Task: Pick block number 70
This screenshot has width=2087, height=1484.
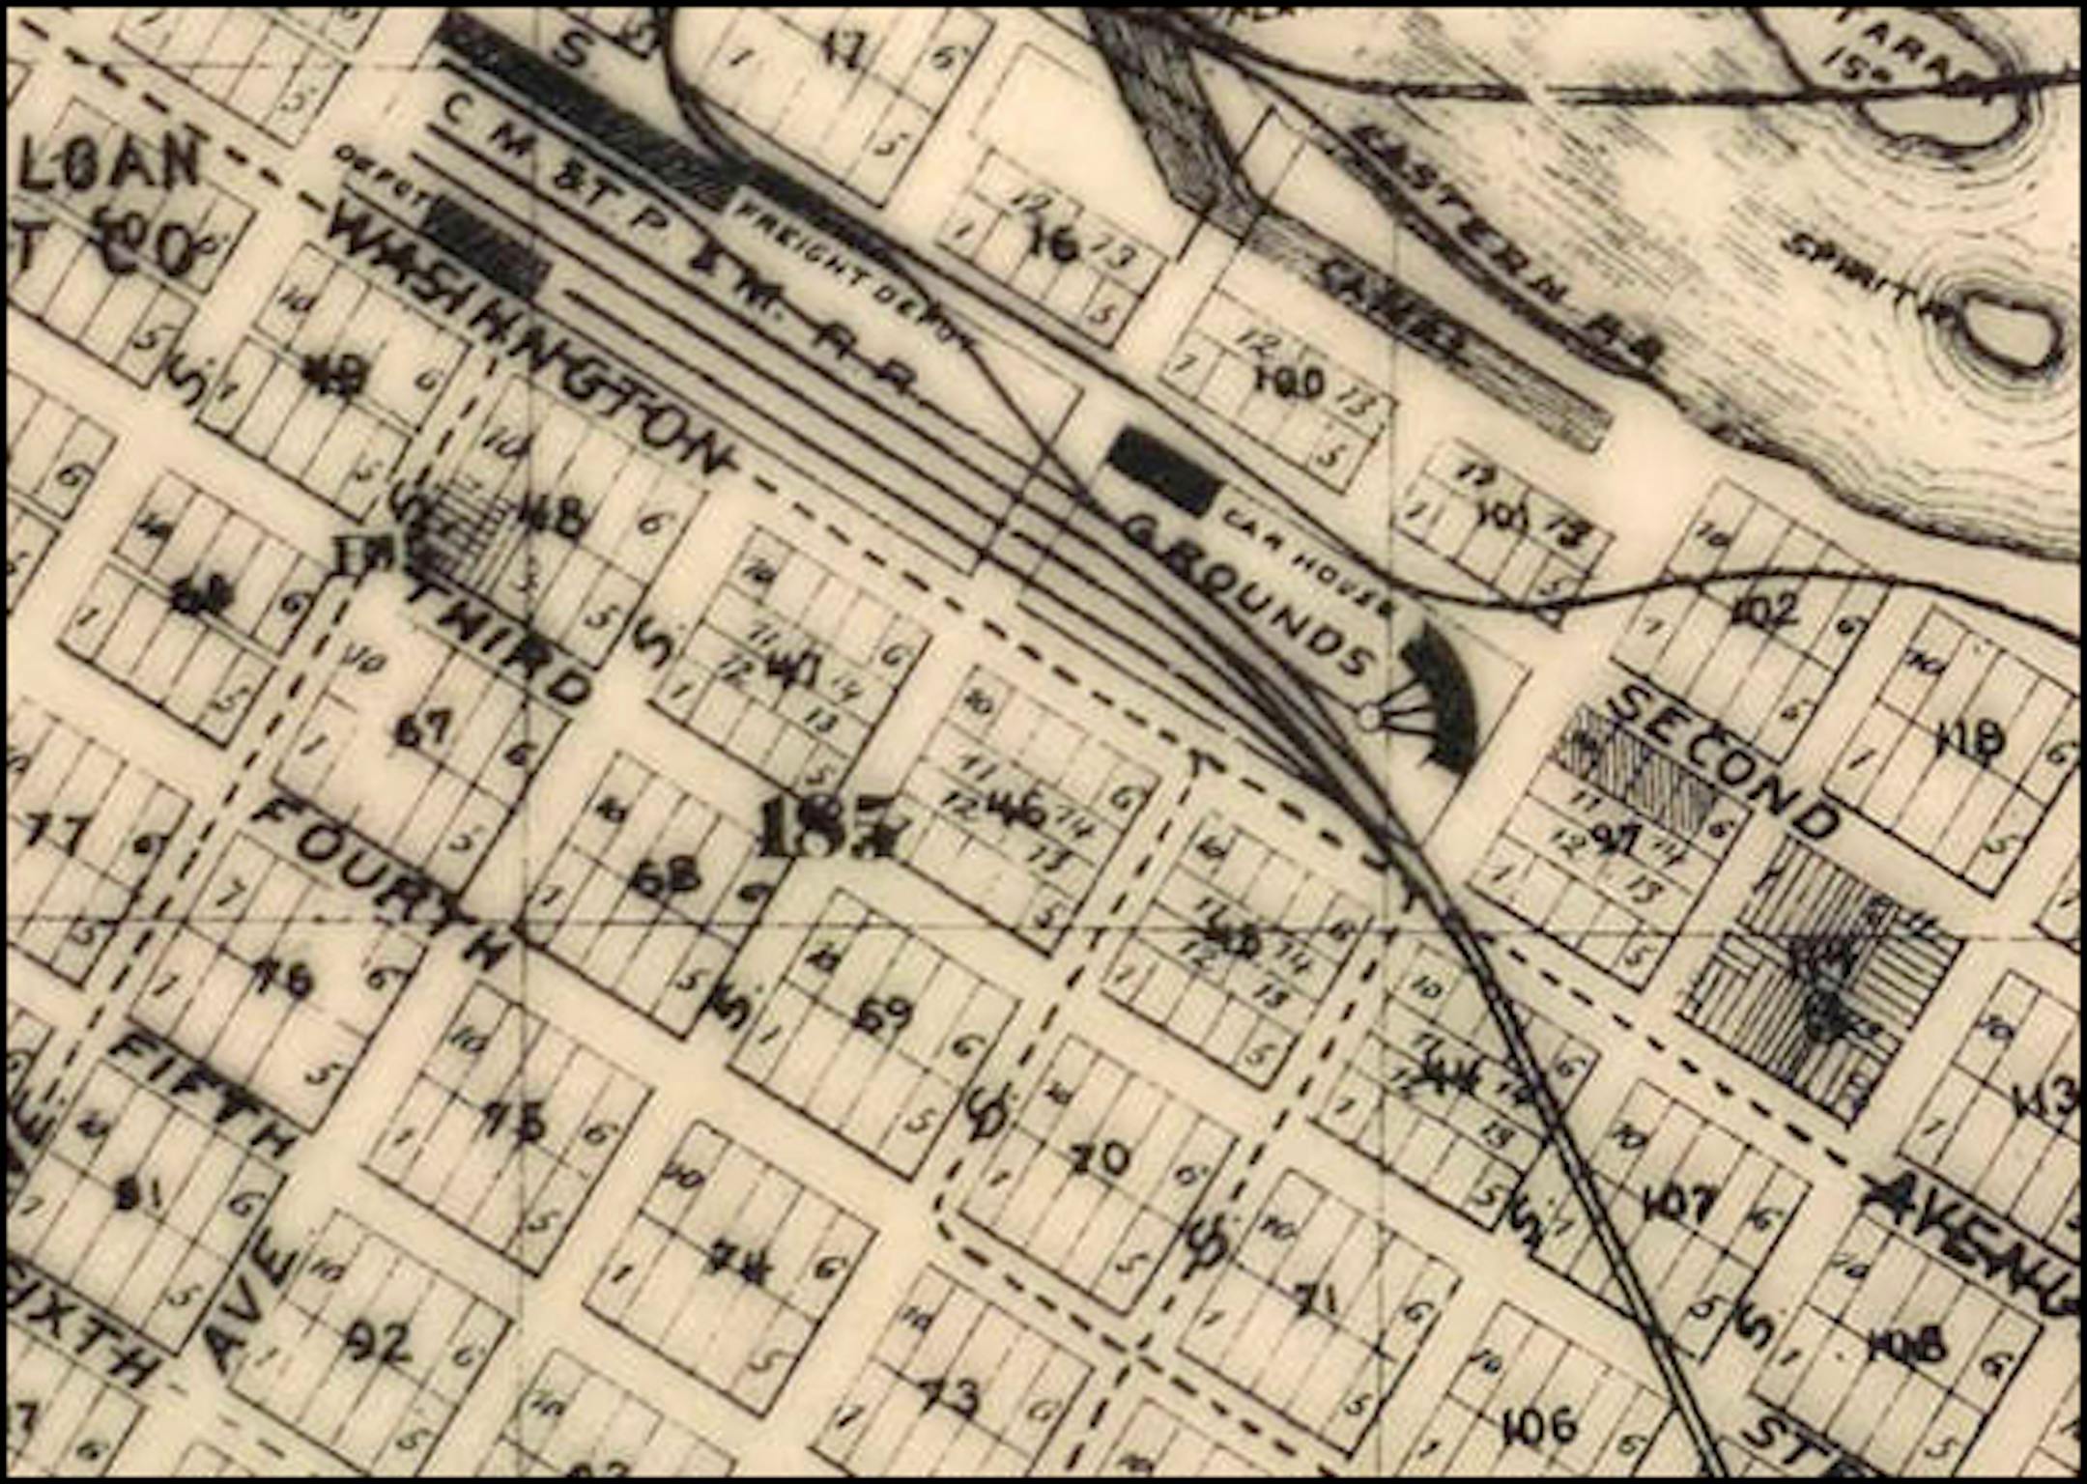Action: [x=1101, y=1159]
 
